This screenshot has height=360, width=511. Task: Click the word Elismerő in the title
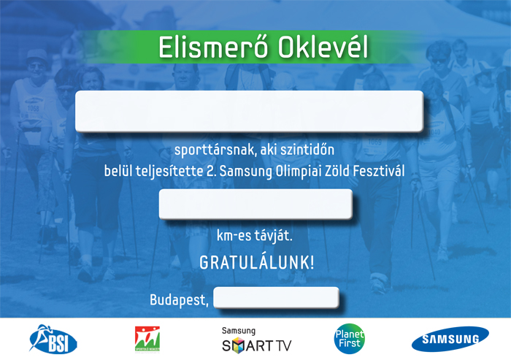213,47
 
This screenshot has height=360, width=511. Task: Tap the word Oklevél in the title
323,47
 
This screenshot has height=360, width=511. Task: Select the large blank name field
250,111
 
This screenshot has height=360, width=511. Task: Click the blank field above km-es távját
255,204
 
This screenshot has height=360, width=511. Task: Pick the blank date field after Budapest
276,297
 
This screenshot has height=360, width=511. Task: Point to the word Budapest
179,299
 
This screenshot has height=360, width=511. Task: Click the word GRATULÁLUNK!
257,262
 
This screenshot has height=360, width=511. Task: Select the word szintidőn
307,150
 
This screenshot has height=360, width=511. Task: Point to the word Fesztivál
379,171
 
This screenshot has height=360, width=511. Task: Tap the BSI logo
53,340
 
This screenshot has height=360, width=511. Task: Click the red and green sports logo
147,339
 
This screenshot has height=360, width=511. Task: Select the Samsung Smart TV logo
256,340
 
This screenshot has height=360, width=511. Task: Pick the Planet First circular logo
350,339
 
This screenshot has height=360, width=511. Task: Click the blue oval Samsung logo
450,339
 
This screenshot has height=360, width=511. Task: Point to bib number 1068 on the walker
33,108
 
